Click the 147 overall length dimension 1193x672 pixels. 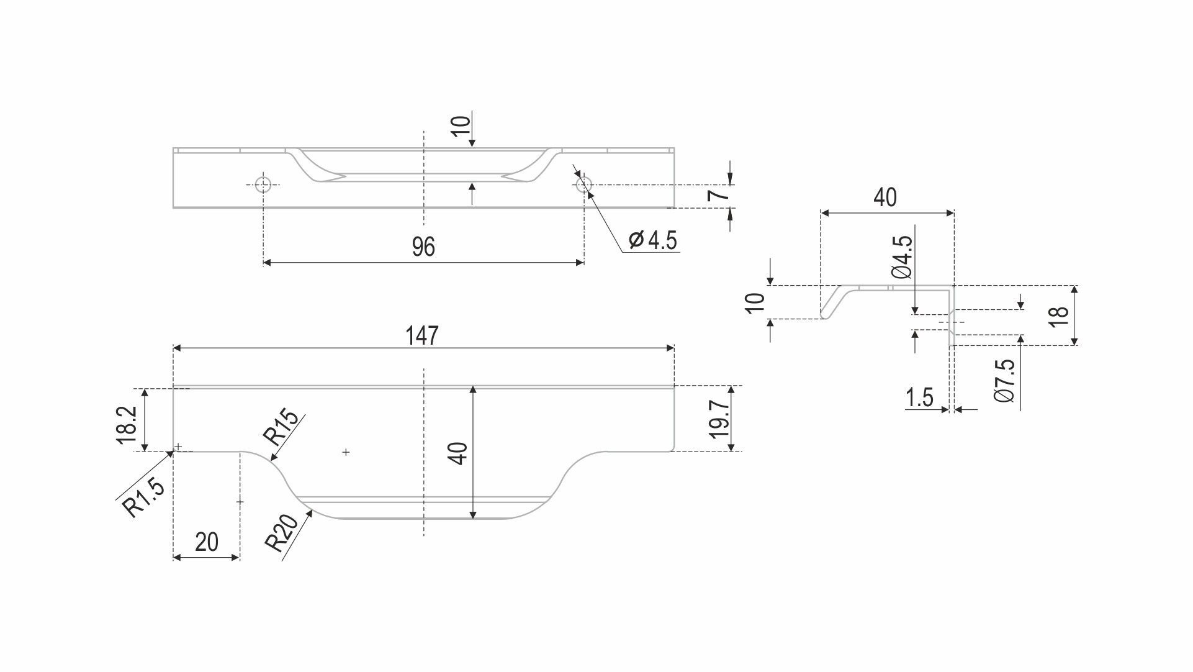pos(422,335)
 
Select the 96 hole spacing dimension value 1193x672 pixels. pos(423,247)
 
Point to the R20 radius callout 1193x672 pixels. pos(282,533)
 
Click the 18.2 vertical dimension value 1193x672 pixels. pos(127,425)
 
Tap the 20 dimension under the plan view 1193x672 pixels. pos(207,542)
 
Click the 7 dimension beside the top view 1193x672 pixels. pos(718,196)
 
